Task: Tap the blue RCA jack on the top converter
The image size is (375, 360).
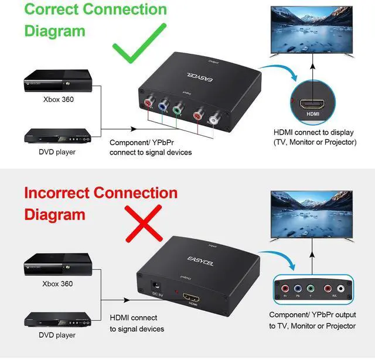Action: tap(162, 101)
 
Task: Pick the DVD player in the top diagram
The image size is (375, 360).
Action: tap(59, 136)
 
